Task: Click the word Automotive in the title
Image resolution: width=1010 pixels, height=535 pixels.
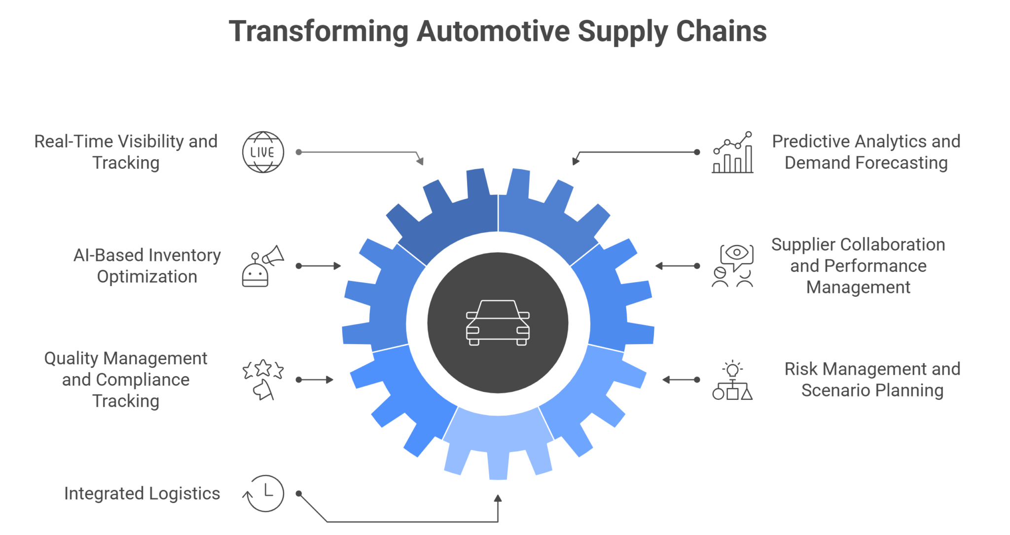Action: click(x=494, y=31)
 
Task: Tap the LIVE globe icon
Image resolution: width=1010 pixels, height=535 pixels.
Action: click(x=263, y=152)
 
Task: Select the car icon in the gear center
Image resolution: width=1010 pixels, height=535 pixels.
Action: click(x=498, y=322)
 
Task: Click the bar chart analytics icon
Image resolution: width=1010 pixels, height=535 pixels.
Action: click(x=732, y=152)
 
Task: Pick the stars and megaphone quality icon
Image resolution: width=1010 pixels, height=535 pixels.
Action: click(x=263, y=380)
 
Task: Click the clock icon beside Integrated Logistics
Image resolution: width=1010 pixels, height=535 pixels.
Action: click(x=263, y=493)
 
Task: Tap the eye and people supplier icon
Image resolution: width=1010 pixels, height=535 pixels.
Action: click(x=732, y=266)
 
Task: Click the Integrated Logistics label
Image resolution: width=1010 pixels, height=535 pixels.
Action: click(x=142, y=493)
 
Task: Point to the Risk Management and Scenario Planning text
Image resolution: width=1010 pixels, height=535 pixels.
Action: click(x=872, y=379)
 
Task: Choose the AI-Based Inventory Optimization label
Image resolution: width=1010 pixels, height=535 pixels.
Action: click(x=147, y=266)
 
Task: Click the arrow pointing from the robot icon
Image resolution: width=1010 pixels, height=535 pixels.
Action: click(x=319, y=266)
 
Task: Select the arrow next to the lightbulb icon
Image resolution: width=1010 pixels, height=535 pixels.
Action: click(x=681, y=380)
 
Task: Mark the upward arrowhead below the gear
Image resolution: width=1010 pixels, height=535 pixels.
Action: click(x=498, y=499)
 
